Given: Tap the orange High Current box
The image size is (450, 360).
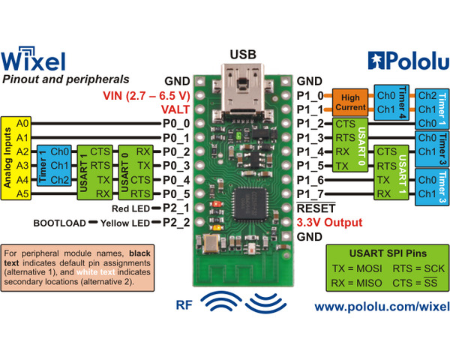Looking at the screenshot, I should [x=350, y=102].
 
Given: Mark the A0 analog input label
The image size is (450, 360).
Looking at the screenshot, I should [x=22, y=122].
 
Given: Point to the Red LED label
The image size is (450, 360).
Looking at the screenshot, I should [x=132, y=208].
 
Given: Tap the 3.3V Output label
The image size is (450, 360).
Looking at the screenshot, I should [x=331, y=222].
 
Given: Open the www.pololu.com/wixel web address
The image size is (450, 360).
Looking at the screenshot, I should [x=382, y=307].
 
